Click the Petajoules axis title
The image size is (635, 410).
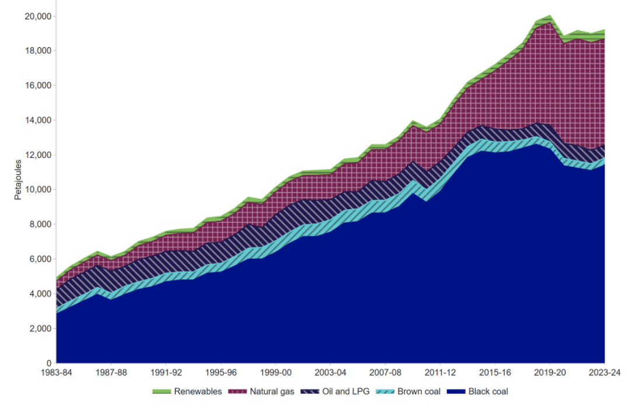point(18,179)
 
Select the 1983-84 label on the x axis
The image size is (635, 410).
point(57,372)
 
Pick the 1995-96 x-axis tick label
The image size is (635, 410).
point(221,372)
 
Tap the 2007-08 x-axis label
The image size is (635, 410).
point(385,372)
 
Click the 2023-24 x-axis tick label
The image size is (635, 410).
point(603,372)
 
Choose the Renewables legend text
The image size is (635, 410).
point(198,391)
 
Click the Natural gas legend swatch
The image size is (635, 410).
point(238,391)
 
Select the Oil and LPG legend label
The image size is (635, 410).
point(346,391)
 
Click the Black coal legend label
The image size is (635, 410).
point(488,391)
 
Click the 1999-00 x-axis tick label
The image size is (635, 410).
point(275,372)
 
